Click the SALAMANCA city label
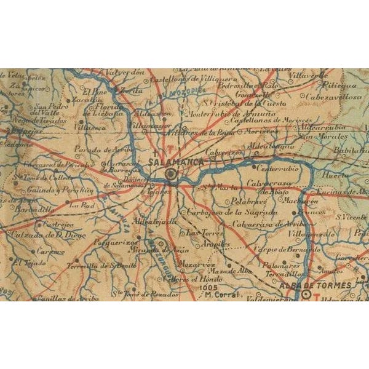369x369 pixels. tap(175, 161)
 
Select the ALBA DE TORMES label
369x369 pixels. tap(315, 285)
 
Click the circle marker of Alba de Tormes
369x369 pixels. tap(307, 295)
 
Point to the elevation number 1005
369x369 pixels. tap(209, 287)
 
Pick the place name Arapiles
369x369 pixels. tap(215, 244)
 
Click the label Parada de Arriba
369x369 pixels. tap(95, 149)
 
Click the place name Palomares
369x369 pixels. tap(280, 264)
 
